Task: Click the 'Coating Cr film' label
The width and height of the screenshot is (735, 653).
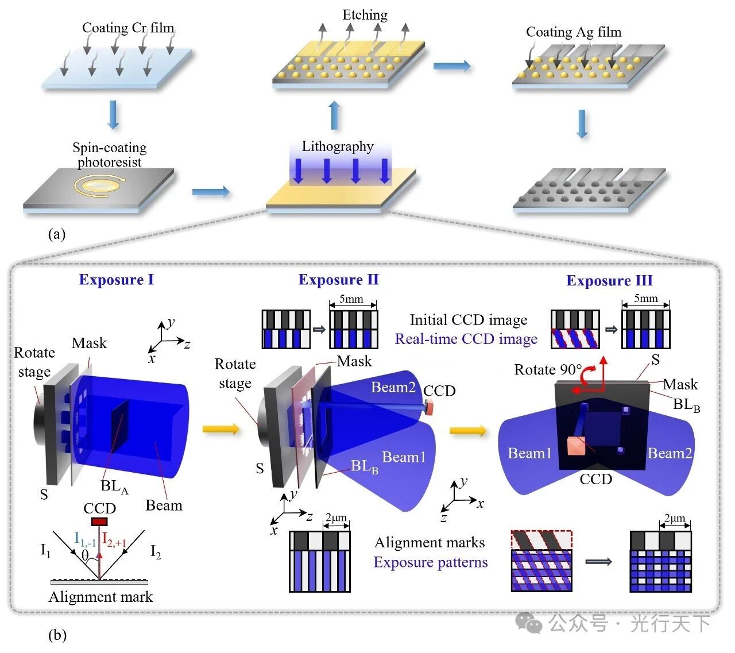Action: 127,28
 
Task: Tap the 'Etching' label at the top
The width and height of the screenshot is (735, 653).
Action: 365,15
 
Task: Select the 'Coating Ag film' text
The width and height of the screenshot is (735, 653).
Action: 574,32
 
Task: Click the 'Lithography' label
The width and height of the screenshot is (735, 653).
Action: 338,146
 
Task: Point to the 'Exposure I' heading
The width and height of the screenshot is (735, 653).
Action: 116,280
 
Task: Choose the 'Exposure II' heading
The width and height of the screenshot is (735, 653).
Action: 338,280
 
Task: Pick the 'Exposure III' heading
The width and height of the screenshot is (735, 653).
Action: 609,280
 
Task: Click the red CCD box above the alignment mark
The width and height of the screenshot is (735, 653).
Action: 100,521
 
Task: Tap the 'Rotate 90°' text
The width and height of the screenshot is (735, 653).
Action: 548,369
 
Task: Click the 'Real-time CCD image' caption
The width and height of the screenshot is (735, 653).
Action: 466,339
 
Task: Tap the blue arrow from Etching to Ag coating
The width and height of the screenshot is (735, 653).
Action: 451,66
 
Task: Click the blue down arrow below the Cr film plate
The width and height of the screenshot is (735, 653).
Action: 113,115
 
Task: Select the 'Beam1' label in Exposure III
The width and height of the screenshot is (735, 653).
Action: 529,454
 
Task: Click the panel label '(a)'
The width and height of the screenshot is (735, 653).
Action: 57,234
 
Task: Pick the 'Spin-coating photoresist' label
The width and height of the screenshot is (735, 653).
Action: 109,154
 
